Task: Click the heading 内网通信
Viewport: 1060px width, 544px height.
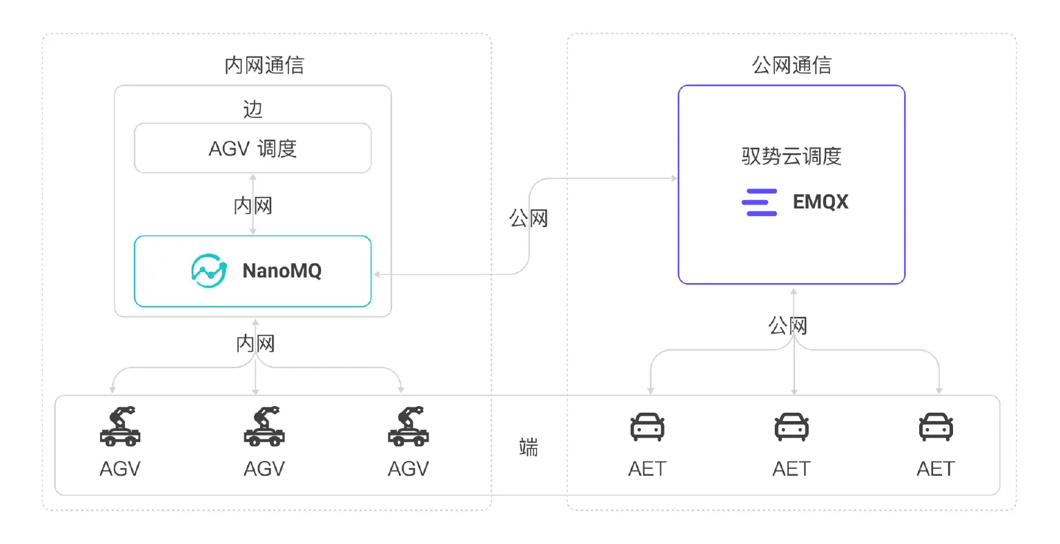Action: point(264,66)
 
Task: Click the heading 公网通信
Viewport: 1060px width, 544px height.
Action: point(791,66)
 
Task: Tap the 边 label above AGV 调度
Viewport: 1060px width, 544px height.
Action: point(253,109)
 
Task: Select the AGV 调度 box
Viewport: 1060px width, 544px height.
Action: point(253,148)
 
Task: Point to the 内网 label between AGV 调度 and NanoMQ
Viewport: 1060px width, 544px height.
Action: point(253,206)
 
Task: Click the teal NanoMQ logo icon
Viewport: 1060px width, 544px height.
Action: point(208,271)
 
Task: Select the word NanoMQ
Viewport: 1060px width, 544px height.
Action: point(282,271)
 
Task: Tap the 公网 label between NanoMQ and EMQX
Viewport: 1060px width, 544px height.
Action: point(529,219)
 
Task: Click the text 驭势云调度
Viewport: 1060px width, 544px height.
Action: point(791,157)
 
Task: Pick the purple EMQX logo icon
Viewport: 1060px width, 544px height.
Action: point(759,202)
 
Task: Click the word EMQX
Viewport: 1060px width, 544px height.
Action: point(820,202)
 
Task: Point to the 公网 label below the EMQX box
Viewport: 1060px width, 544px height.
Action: point(788,325)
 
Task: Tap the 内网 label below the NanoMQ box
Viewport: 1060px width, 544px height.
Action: point(255,343)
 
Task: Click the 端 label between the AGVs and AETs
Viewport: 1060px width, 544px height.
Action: point(529,447)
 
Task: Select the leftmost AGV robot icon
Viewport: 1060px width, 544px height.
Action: point(120,426)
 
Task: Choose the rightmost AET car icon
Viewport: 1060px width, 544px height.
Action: point(936,427)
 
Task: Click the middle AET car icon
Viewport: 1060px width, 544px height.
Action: point(791,427)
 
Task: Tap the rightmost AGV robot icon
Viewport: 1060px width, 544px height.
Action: point(408,426)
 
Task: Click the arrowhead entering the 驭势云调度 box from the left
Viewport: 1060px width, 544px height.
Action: point(674,179)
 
